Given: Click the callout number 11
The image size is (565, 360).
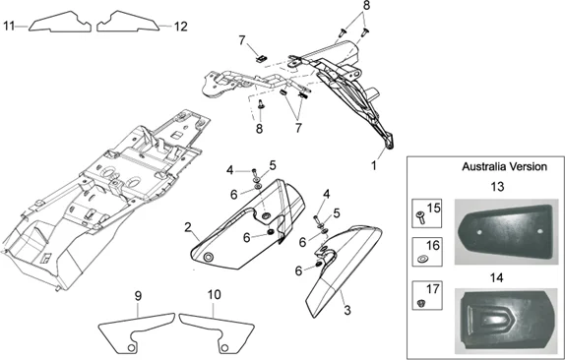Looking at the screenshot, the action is point(9,27).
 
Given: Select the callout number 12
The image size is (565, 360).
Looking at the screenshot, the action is point(181,27).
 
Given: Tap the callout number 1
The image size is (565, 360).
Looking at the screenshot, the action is point(374,166).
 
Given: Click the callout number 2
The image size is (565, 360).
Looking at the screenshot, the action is point(187,227).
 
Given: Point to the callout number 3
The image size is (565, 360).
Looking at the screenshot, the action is point(347,310).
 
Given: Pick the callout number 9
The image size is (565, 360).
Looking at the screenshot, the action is point(138,296).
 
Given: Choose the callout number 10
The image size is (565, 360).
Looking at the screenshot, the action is point(214,294).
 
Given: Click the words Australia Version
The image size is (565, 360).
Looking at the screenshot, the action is point(504,166).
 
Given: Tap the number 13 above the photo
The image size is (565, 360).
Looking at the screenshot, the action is point(497,187).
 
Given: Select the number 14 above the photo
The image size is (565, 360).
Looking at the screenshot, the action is point(496,278).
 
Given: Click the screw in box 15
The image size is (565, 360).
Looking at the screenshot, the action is point(420,217).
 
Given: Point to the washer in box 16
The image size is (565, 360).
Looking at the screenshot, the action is point(421,259).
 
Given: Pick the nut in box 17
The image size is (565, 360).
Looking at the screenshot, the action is point(419,304).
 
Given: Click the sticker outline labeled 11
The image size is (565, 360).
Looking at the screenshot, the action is point(60,23).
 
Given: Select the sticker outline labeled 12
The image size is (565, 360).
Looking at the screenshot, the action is point(128,22).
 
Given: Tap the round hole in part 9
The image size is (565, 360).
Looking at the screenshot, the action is point(132,348).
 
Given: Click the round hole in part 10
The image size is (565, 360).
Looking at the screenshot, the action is point(224,348).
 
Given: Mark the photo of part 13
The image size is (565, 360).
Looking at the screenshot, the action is point(505,232).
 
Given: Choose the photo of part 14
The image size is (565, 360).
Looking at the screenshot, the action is point(506,321).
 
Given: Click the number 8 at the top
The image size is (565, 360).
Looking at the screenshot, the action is point(366,6).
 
